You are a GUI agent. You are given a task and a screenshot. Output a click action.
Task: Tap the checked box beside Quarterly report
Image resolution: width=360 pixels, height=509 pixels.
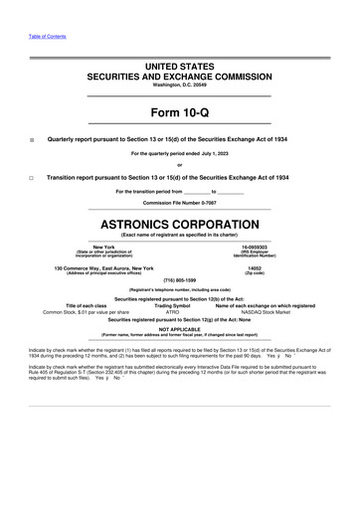click(31, 140)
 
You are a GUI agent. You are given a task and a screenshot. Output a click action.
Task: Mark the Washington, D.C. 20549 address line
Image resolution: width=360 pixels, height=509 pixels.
click(179, 84)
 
